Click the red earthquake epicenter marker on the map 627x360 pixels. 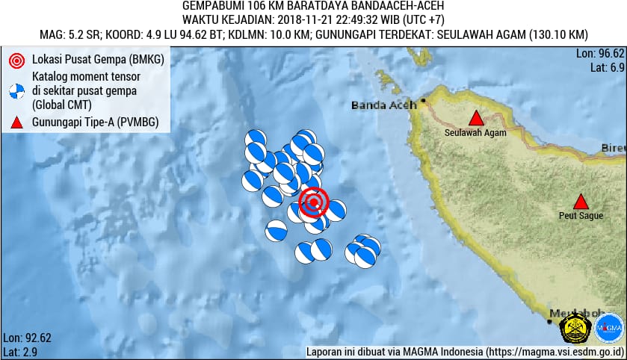click(x=314, y=202)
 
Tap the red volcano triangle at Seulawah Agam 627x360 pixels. click(x=475, y=118)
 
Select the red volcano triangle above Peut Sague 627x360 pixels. click(x=580, y=202)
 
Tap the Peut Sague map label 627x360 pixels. click(x=580, y=217)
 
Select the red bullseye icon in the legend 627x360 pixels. click(x=16, y=59)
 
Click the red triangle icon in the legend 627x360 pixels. click(x=16, y=122)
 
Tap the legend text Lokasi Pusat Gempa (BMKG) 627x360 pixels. click(x=98, y=59)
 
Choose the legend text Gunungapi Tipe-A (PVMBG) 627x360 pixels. click(x=94, y=122)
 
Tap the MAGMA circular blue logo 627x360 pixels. click(x=609, y=328)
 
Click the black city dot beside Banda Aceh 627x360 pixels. click(x=423, y=100)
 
